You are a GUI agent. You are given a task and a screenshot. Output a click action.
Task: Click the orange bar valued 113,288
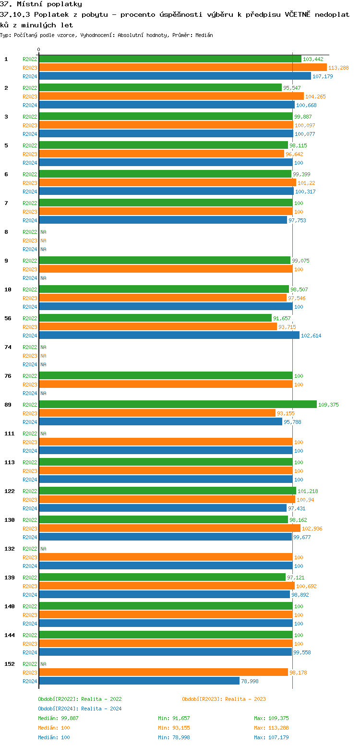182,68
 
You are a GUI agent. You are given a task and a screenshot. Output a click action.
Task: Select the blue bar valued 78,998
139,681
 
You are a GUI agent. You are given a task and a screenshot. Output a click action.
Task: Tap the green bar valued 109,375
178,404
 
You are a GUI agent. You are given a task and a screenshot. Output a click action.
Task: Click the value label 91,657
282,318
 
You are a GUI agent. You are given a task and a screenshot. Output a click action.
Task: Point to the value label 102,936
312,529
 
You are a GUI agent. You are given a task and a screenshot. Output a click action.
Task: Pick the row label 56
8,318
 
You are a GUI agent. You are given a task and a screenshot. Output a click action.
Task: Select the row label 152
9,664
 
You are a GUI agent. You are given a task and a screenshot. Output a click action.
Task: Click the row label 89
8,405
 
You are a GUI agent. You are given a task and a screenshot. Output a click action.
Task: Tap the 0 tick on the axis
39,49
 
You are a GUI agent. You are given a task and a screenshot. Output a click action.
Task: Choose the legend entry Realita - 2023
224,699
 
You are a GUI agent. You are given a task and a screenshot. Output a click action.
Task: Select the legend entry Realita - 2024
80,709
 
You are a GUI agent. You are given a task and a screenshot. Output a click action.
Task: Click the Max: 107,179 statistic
271,737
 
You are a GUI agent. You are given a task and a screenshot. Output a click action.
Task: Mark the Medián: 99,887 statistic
58,718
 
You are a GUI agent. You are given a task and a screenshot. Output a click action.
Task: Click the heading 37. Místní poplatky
41,4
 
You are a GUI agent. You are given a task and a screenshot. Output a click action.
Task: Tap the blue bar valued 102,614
169,335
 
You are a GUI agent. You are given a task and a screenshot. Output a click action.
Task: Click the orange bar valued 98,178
163,672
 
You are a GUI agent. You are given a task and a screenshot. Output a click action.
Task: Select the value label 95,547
292,88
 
